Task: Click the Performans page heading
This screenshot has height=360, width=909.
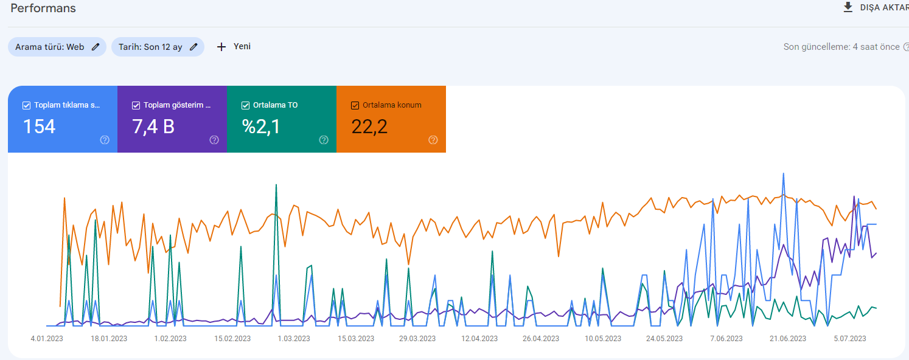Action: (43, 8)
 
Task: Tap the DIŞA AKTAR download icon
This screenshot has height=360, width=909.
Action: (848, 7)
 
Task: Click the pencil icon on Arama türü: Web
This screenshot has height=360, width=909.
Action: (96, 47)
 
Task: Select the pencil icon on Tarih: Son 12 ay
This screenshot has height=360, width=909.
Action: (193, 47)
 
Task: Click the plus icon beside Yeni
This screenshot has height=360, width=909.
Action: (221, 47)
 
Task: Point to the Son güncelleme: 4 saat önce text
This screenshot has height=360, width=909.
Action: (841, 47)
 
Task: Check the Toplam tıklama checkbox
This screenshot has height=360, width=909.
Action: (26, 105)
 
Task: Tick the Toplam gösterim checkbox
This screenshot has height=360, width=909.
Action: (136, 105)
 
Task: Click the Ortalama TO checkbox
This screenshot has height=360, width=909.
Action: (246, 105)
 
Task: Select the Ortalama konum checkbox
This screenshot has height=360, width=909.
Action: (355, 105)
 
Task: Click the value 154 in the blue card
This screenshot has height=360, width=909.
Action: (39, 126)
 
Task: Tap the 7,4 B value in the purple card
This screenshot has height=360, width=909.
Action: (153, 126)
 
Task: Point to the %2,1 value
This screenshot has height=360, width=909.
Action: (261, 126)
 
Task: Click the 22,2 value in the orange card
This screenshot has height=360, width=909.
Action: (369, 126)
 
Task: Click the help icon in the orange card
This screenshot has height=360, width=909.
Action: (433, 140)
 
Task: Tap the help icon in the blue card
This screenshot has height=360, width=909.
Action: (105, 140)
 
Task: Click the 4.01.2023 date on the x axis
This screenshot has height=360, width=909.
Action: (47, 339)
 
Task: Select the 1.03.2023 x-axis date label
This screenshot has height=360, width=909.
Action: (294, 339)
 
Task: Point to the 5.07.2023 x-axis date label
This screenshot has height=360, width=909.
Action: (850, 339)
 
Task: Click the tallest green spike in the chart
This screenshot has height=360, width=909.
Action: (276, 185)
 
